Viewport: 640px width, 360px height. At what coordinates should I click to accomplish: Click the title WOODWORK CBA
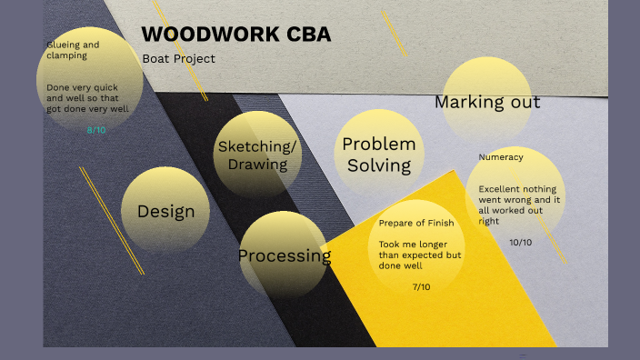tap(236, 35)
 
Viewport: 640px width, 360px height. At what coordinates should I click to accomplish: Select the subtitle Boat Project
tap(179, 59)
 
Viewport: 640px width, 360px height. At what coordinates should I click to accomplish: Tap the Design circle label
tap(165, 212)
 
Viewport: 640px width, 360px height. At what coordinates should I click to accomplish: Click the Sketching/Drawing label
tap(257, 155)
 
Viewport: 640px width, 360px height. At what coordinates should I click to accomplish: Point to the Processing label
tap(285, 255)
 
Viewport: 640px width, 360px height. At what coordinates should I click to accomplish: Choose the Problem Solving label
tap(379, 155)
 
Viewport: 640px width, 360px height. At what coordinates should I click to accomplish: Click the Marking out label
tap(487, 101)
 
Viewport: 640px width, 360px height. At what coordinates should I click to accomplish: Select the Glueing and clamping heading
tap(73, 49)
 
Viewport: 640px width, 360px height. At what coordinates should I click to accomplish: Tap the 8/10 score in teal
tap(96, 130)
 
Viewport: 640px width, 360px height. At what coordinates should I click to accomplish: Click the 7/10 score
tap(421, 287)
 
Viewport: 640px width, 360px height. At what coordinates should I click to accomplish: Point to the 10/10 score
tap(521, 242)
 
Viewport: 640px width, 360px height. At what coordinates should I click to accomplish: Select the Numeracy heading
tap(501, 157)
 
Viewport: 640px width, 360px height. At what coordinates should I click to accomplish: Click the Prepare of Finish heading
tap(415, 223)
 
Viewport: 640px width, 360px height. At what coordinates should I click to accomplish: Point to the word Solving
tap(379, 165)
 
